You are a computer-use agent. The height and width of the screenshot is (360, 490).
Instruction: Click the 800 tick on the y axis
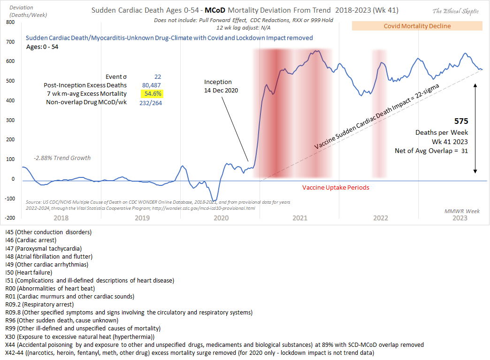[x=9, y=23]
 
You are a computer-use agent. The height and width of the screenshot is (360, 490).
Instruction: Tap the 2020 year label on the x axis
[x=221, y=218]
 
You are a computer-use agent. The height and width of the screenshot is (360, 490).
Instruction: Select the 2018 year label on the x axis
[x=61, y=218]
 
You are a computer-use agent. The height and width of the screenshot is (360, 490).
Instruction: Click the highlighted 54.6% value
[x=151, y=94]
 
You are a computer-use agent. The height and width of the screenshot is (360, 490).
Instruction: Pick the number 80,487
[x=152, y=85]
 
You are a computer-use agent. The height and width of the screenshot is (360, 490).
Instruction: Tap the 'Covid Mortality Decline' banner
[x=417, y=26]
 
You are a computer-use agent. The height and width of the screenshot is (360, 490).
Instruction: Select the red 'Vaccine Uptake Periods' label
[x=335, y=187]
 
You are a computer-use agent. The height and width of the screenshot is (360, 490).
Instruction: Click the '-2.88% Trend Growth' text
[x=62, y=158]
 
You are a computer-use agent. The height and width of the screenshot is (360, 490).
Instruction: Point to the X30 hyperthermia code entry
[x=80, y=337]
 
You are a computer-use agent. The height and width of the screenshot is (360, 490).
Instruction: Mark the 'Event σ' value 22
[x=158, y=76]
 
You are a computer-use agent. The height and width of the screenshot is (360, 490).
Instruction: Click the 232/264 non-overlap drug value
[x=151, y=103]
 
